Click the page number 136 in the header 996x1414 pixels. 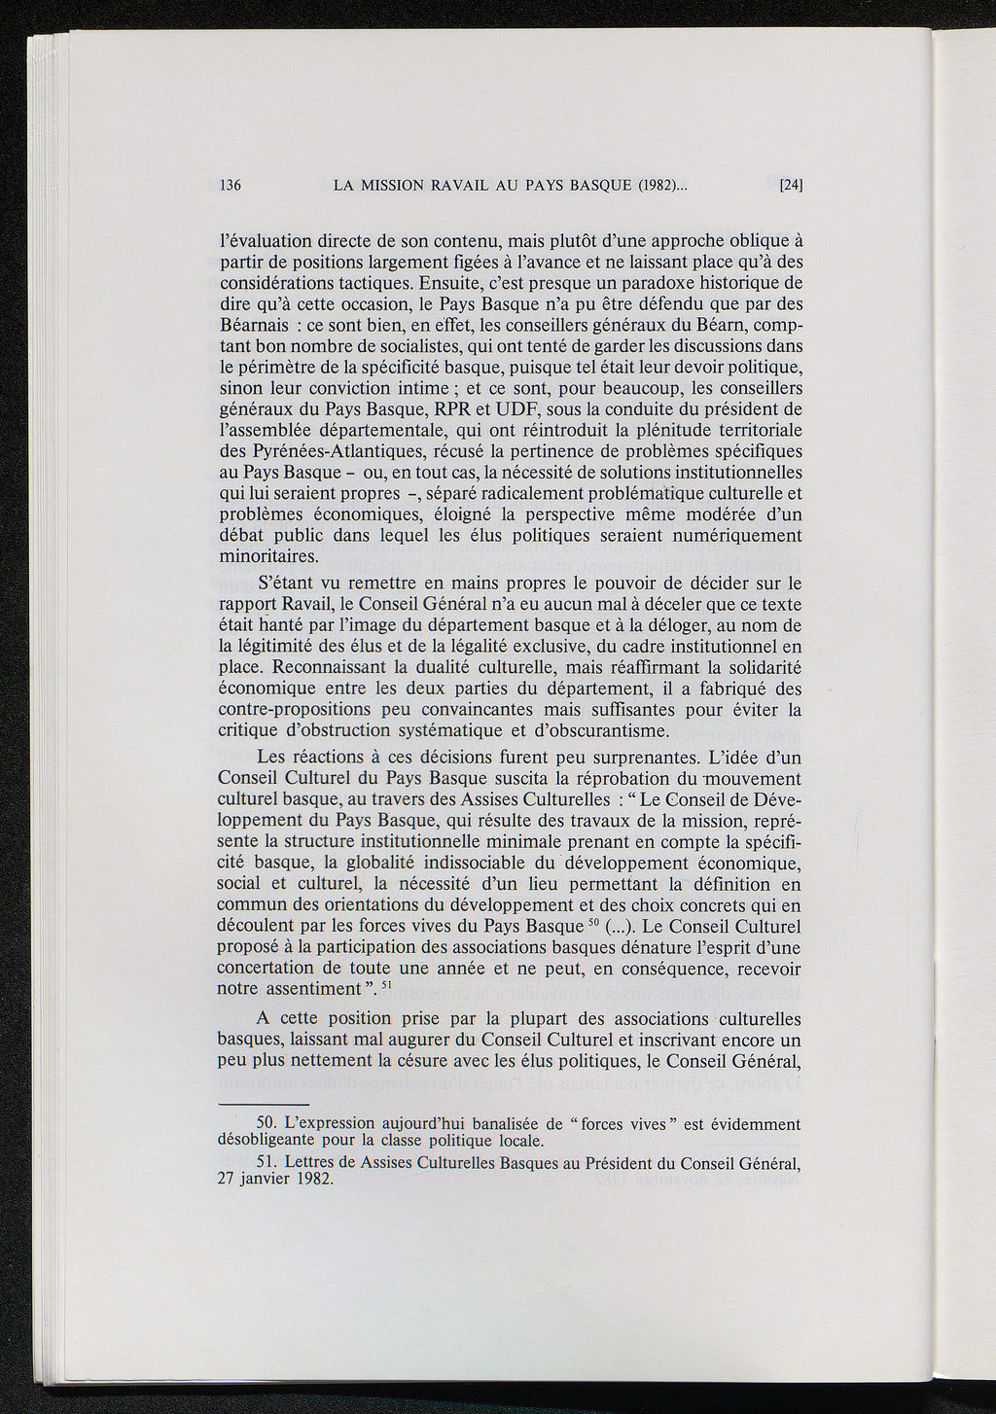pos(231,185)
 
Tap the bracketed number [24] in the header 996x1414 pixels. pos(790,185)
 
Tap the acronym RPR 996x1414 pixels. pos(462,408)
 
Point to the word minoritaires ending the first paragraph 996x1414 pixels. pos(268,557)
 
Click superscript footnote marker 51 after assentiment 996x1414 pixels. pos(386,985)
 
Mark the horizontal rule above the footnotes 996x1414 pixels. pos(264,1105)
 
